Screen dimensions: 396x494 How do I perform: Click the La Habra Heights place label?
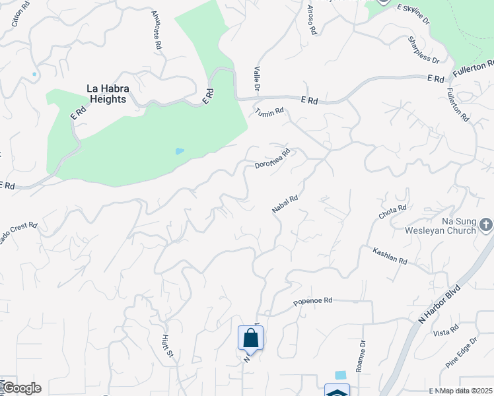(106, 93)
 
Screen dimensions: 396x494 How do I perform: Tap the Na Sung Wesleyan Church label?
(442, 226)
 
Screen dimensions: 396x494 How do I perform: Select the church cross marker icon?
(486, 225)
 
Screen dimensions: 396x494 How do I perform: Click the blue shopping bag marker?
(250, 338)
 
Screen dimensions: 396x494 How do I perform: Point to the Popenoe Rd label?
(312, 302)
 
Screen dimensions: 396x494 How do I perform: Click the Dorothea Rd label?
(273, 158)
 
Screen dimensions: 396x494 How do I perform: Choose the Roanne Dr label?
(361, 356)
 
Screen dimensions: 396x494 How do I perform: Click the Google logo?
(21, 388)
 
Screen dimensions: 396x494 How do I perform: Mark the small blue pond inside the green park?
(180, 151)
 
